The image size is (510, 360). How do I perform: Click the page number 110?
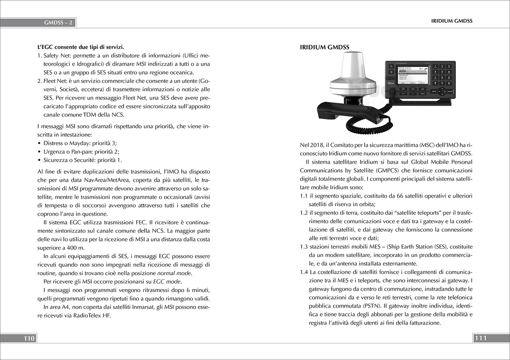29,338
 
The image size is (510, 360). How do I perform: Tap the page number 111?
481,338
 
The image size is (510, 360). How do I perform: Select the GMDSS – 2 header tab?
58,23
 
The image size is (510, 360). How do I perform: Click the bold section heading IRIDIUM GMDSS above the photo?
324,47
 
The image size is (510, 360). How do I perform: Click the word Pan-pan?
81,151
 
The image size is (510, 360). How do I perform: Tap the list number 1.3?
304,246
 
